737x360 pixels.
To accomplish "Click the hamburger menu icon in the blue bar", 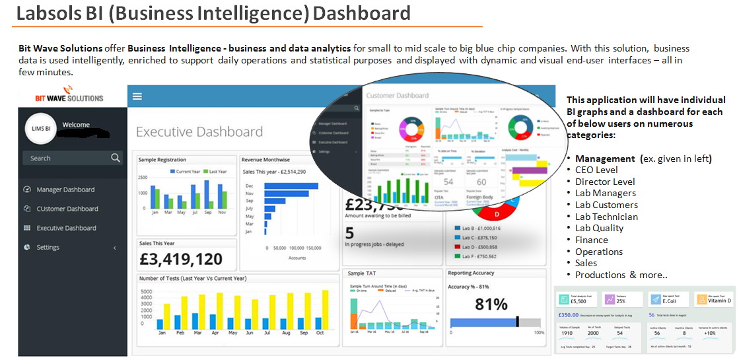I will (x=137, y=96).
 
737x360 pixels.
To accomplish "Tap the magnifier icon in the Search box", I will (x=116, y=158).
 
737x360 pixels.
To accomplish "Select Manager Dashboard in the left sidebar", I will (x=65, y=190).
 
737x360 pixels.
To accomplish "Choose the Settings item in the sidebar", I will (x=48, y=247).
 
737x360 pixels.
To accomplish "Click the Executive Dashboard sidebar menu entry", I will (x=66, y=228).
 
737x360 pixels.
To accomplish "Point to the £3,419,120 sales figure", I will (x=181, y=259).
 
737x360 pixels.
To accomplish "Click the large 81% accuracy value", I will (x=491, y=304).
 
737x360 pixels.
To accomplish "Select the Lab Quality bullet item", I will (x=599, y=228).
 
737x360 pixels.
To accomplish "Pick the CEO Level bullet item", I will (x=596, y=170).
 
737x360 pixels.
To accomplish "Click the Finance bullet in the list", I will (x=591, y=240).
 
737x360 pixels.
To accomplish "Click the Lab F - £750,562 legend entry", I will (x=479, y=256).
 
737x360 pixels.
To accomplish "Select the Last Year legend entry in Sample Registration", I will (x=215, y=171).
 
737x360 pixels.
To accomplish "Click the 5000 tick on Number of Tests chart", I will (x=147, y=291).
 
